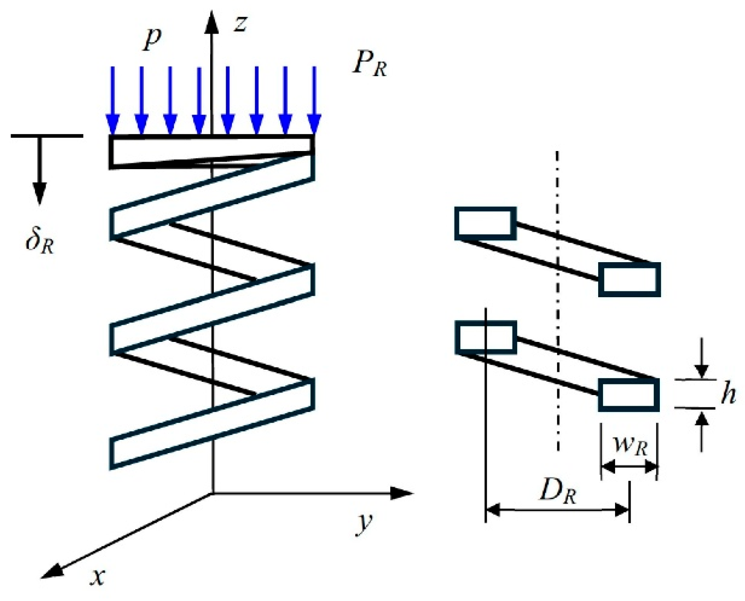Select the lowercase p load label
152,41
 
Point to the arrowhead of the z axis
212,22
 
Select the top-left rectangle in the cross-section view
486,223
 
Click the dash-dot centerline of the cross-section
557,301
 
